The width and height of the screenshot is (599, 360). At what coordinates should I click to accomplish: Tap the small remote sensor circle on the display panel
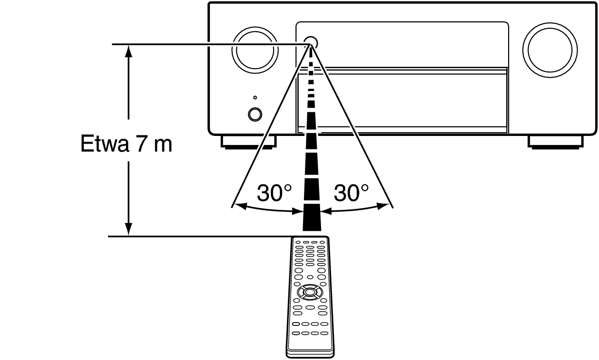point(311,42)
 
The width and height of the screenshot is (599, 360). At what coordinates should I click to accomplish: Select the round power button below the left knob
point(255,115)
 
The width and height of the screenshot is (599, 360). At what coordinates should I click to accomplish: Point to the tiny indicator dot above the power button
point(255,98)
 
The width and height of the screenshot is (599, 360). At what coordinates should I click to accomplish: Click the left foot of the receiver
point(249,142)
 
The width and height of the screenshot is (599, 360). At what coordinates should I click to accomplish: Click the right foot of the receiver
point(555,142)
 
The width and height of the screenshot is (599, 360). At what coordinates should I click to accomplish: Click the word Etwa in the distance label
point(105,144)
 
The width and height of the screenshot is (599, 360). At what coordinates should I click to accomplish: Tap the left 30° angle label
point(274,193)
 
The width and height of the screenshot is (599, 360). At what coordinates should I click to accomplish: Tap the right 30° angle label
point(351,193)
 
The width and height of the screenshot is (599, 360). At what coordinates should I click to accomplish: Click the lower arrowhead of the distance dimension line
point(129,229)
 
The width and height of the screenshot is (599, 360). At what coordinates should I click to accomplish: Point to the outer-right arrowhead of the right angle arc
point(383,206)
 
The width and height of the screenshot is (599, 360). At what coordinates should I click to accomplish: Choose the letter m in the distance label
point(163,146)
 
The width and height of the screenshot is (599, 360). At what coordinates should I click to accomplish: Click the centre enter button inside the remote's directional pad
point(310,292)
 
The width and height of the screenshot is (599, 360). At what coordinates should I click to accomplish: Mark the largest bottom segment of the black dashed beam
point(312,217)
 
